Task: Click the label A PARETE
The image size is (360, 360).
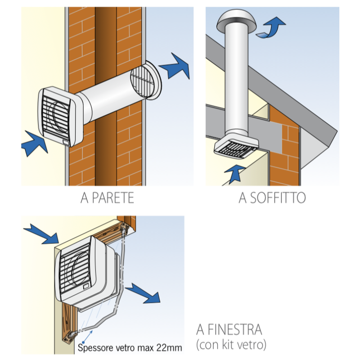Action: coord(107,198)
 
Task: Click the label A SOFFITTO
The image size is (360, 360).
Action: coord(272,198)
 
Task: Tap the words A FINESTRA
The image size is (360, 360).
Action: coord(229,329)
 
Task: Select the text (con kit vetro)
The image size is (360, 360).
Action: coord(231,345)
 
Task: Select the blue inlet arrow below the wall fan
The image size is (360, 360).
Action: coord(35,143)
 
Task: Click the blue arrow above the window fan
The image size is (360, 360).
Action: coord(41,234)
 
